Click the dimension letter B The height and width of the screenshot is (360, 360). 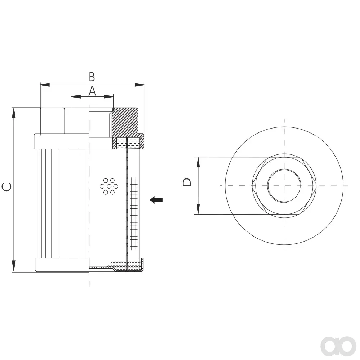[92, 77]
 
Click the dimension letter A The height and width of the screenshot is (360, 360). [92, 91]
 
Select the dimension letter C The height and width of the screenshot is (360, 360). [6, 186]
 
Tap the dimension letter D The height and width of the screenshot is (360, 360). [187, 182]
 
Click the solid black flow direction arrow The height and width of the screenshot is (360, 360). [156, 200]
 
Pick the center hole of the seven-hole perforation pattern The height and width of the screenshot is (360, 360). [109, 186]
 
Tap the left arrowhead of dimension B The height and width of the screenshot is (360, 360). [45, 85]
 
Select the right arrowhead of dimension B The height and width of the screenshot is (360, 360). [140, 85]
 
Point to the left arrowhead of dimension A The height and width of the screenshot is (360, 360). [76, 96]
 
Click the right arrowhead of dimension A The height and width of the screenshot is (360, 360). [109, 96]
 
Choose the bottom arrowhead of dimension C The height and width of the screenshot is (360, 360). [14, 266]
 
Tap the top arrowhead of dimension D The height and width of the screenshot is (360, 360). [198, 162]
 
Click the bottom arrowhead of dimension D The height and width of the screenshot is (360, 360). [198, 209]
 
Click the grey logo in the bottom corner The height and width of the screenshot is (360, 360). [338, 346]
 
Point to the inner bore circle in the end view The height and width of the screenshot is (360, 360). [268, 186]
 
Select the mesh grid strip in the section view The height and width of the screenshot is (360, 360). [134, 213]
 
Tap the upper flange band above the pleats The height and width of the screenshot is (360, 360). [62, 141]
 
